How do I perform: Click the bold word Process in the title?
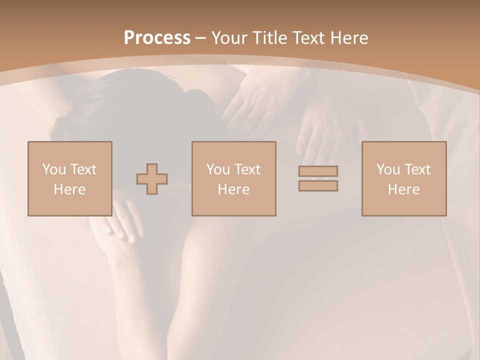coord(157,38)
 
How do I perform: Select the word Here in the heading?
coord(350,38)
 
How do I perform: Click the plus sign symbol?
coord(152,179)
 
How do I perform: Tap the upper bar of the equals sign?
coord(318,171)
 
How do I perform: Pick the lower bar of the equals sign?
coord(318,186)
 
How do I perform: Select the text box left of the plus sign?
coord(69,178)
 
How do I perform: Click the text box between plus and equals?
coord(233,178)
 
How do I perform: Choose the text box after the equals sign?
coord(403,178)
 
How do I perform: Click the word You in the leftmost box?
coord(53,169)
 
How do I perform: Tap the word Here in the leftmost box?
coord(69,189)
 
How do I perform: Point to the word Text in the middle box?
coord(247,169)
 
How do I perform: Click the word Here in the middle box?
coord(233,189)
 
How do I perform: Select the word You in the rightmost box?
coord(387,169)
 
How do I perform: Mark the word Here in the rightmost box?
coord(403,189)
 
